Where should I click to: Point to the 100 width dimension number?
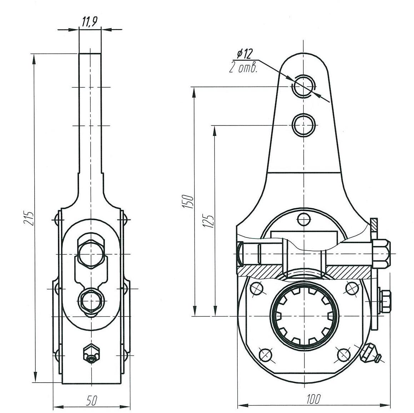(x=313, y=399)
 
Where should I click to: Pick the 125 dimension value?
(x=210, y=221)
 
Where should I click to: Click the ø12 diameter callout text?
(x=244, y=54)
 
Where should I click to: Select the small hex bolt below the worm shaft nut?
(x=384, y=301)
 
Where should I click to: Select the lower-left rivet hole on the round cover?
(x=264, y=354)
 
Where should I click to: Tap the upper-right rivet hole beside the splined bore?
(x=351, y=288)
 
